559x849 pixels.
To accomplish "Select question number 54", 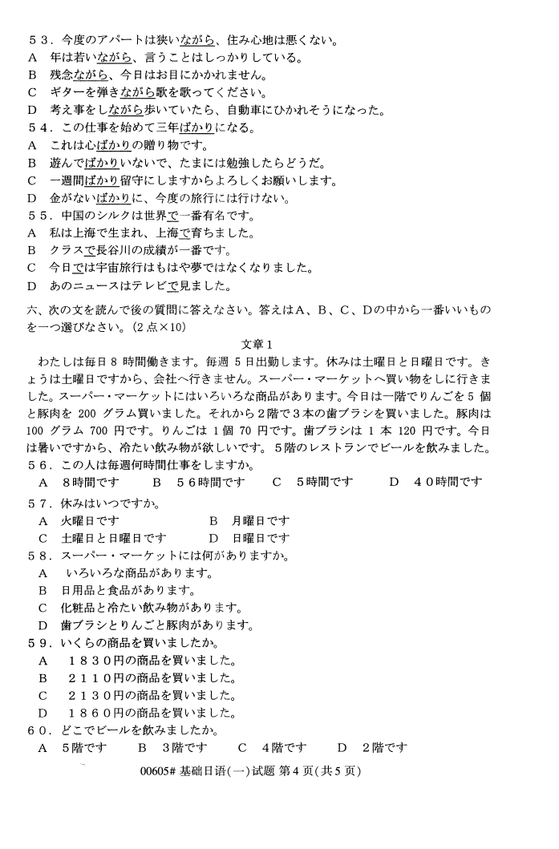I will [37, 128].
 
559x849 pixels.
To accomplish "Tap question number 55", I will [37, 216].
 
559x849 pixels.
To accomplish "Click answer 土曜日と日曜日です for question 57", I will [112, 539].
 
